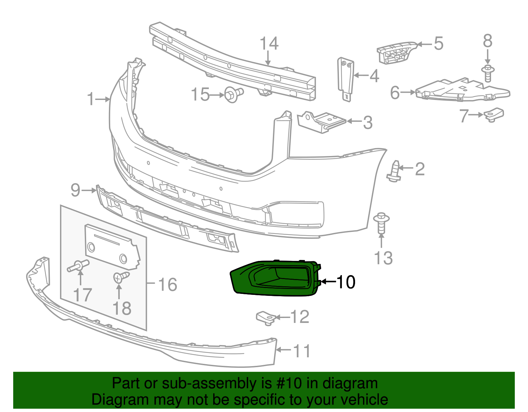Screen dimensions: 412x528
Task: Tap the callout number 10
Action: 346,282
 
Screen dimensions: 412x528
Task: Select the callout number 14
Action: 269,44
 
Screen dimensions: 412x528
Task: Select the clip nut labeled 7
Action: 494,115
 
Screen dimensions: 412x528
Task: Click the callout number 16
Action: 168,284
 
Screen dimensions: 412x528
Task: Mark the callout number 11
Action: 302,351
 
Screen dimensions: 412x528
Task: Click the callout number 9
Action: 76,190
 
